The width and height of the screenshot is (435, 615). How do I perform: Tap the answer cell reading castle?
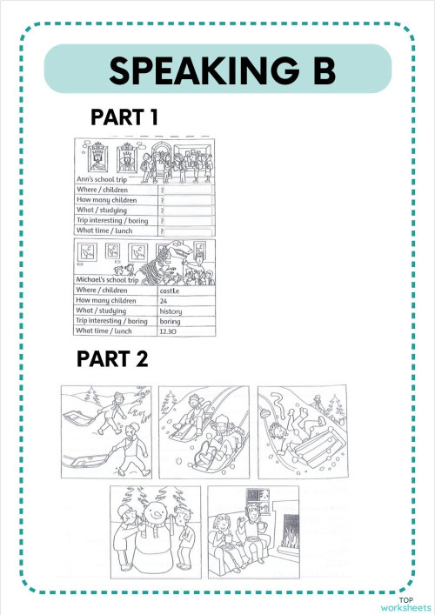(x=171, y=291)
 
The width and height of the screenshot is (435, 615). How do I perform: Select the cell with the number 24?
(x=164, y=300)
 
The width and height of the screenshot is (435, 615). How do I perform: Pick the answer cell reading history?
(x=171, y=311)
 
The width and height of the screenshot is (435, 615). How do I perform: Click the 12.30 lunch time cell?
(x=171, y=331)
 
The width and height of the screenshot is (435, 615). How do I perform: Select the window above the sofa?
(x=258, y=500)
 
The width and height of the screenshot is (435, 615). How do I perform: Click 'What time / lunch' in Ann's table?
(x=112, y=231)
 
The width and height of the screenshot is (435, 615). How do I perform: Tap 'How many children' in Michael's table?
(x=112, y=300)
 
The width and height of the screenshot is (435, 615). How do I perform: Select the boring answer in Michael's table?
(x=171, y=320)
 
